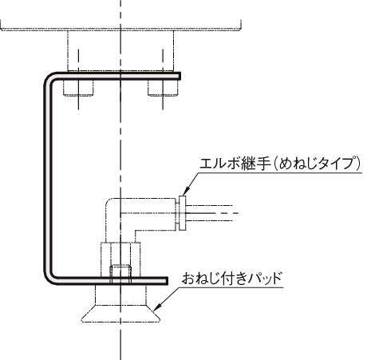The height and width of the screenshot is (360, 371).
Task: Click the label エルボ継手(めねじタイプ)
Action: (x=280, y=163)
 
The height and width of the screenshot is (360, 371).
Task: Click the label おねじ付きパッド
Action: (x=231, y=279)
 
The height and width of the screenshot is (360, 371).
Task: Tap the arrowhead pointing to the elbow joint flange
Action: (x=186, y=191)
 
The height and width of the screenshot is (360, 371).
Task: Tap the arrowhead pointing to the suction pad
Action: (x=157, y=307)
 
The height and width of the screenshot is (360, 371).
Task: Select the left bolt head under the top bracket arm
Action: (x=78, y=87)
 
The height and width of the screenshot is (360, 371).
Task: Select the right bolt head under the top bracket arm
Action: (x=163, y=87)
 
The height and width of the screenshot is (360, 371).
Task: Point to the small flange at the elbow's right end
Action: (x=182, y=213)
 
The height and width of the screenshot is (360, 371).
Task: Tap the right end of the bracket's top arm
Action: (x=180, y=76)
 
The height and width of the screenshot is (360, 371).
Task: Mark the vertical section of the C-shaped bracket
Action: (x=48, y=178)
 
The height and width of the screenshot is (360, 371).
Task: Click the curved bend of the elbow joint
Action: (x=111, y=205)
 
